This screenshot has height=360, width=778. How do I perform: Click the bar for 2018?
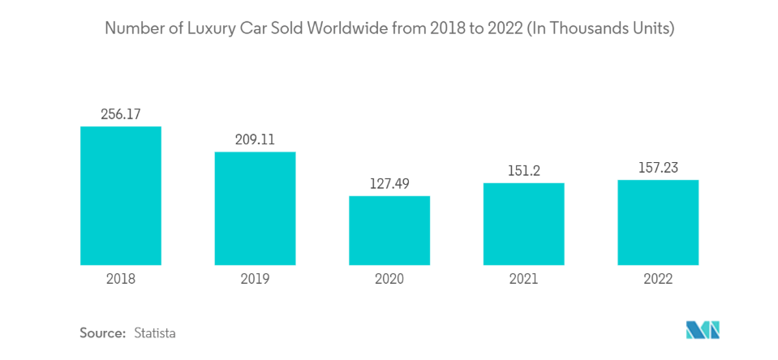pyautogui.click(x=121, y=195)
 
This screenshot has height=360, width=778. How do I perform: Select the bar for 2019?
pyautogui.click(x=255, y=208)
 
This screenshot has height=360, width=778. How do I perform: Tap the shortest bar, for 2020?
pyautogui.click(x=389, y=230)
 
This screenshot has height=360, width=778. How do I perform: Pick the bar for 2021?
pyautogui.click(x=523, y=224)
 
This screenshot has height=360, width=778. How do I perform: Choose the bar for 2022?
pyautogui.click(x=658, y=222)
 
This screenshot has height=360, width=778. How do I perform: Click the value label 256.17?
pyautogui.click(x=121, y=114)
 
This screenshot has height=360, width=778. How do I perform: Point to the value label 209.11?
pyautogui.click(x=255, y=139)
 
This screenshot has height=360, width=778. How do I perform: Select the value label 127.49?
pyautogui.click(x=389, y=183)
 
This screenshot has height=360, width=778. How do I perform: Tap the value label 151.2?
pyautogui.click(x=523, y=170)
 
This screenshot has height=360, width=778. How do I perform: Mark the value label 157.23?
pyautogui.click(x=658, y=167)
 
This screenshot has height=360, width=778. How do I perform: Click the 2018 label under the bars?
pyautogui.click(x=121, y=279)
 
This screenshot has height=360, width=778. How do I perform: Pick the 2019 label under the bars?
pyautogui.click(x=255, y=279)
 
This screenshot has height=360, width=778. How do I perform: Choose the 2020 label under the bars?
pyautogui.click(x=389, y=279)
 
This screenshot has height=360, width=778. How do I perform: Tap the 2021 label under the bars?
pyautogui.click(x=523, y=279)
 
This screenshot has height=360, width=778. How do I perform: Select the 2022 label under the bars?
pyautogui.click(x=658, y=279)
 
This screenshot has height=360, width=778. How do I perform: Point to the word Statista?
pyautogui.click(x=155, y=332)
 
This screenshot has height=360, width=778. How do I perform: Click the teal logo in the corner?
pyautogui.click(x=703, y=330)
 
